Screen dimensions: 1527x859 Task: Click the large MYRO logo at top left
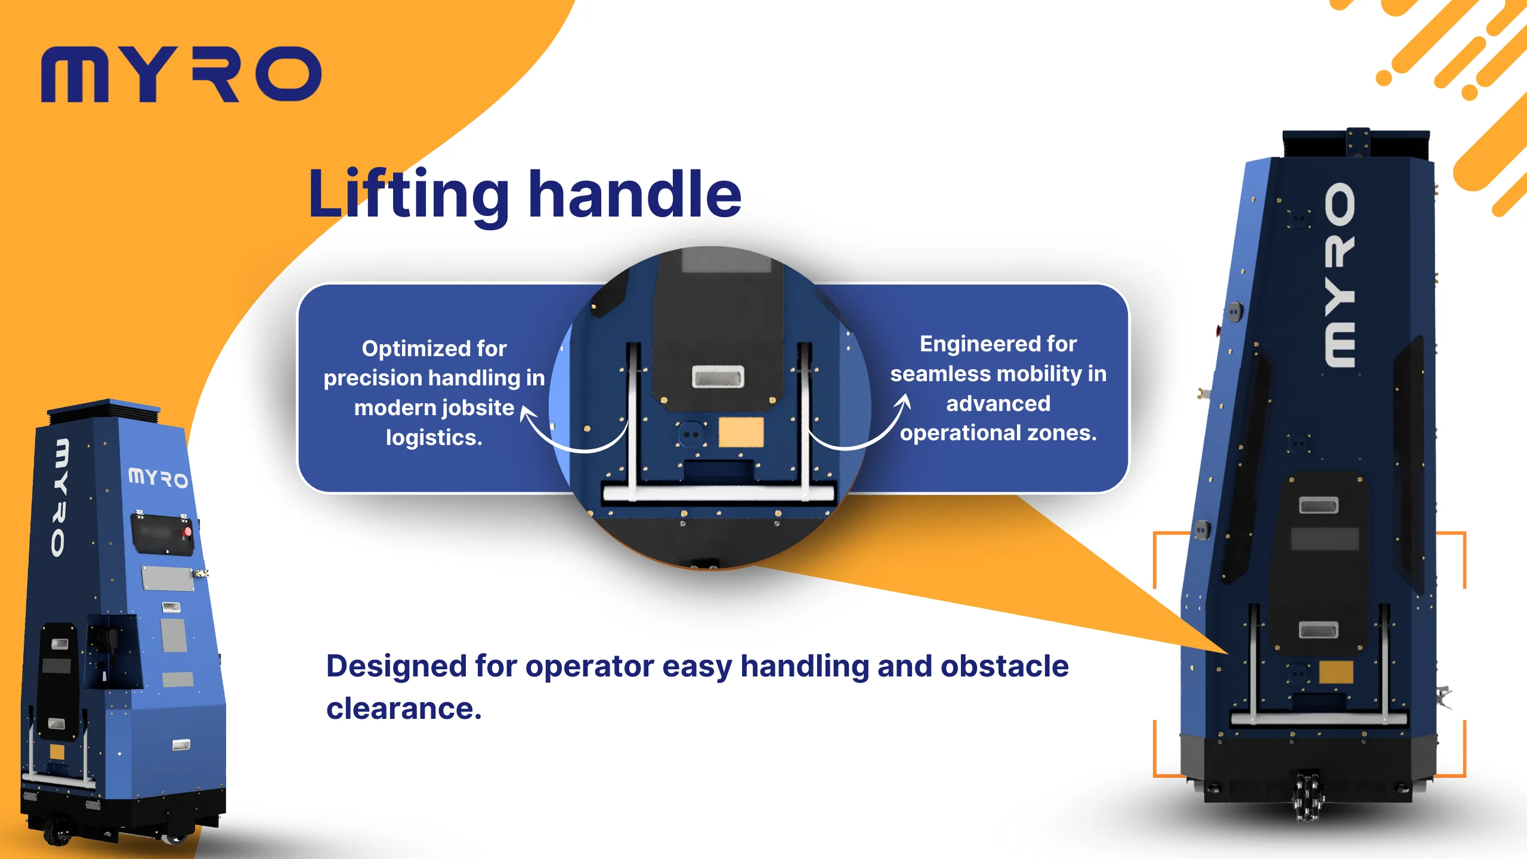[181, 75]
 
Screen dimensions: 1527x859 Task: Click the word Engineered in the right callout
[974, 345]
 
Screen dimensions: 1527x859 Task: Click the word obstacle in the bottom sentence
[1004, 666]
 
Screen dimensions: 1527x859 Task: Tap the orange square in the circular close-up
[741, 432]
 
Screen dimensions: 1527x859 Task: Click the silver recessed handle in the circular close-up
[718, 377]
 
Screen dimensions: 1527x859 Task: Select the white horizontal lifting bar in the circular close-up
[718, 493]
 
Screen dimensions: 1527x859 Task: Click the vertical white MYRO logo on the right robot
[1339, 274]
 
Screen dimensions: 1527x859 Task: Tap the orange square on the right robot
[1336, 672]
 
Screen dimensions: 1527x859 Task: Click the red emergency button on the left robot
[187, 531]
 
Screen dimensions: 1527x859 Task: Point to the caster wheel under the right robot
[1306, 796]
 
